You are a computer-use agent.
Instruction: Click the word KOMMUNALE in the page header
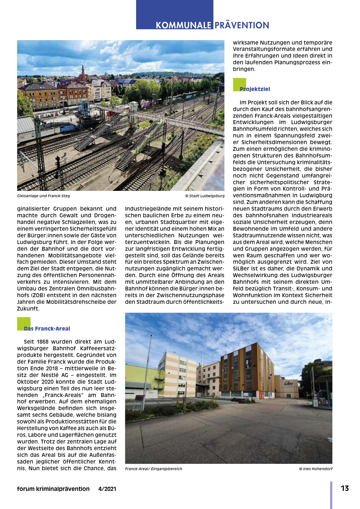[183, 25]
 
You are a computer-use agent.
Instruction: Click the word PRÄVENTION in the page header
[242, 25]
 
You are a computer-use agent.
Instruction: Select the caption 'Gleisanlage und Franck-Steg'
[44, 196]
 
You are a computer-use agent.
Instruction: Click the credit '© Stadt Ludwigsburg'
[205, 196]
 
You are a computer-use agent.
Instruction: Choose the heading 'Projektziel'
[255, 89]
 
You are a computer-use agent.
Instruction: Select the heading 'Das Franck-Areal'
[47, 329]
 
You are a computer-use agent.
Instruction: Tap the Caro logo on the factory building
[288, 383]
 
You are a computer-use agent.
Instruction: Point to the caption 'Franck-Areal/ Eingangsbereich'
[154, 469]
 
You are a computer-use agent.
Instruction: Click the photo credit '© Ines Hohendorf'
[315, 469]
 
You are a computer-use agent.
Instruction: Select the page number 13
[345, 488]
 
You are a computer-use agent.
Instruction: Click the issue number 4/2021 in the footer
[107, 489]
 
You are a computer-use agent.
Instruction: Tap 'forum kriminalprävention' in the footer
[53, 489]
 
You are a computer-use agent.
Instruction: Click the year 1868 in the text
[43, 342]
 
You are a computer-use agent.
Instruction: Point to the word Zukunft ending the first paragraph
[28, 309]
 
